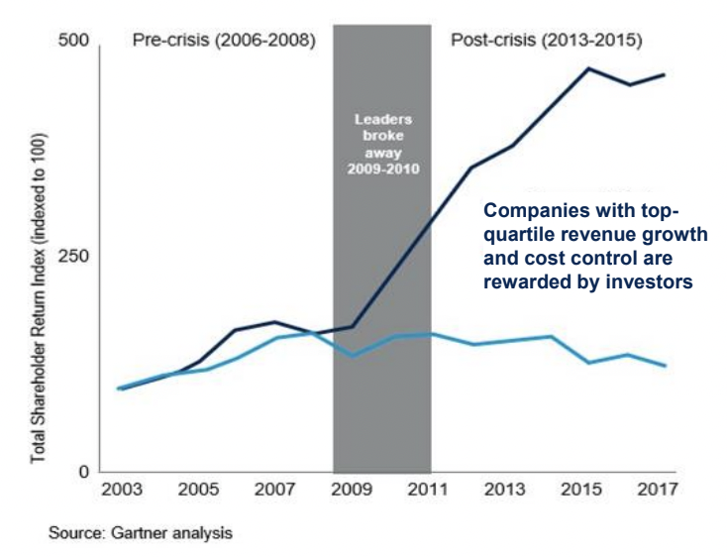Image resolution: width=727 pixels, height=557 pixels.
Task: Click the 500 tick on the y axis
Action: pos(76,42)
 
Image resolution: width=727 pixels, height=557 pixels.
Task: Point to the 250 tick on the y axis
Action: pos(76,256)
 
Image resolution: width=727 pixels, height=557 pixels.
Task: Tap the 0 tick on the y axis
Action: pos(85,471)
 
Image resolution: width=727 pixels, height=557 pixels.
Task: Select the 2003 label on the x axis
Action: pos(123,490)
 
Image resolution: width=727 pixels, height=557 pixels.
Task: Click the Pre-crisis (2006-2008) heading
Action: pos(224,42)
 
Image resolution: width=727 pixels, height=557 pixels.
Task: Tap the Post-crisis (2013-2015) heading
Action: pos(546,42)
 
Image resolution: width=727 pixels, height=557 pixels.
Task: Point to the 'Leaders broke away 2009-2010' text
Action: pos(381,145)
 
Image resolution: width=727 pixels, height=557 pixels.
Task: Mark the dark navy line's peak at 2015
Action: pos(587,68)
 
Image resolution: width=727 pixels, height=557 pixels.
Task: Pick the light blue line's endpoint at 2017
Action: pos(665,366)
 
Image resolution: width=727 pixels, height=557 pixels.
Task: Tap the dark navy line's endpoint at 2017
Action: pos(665,74)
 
